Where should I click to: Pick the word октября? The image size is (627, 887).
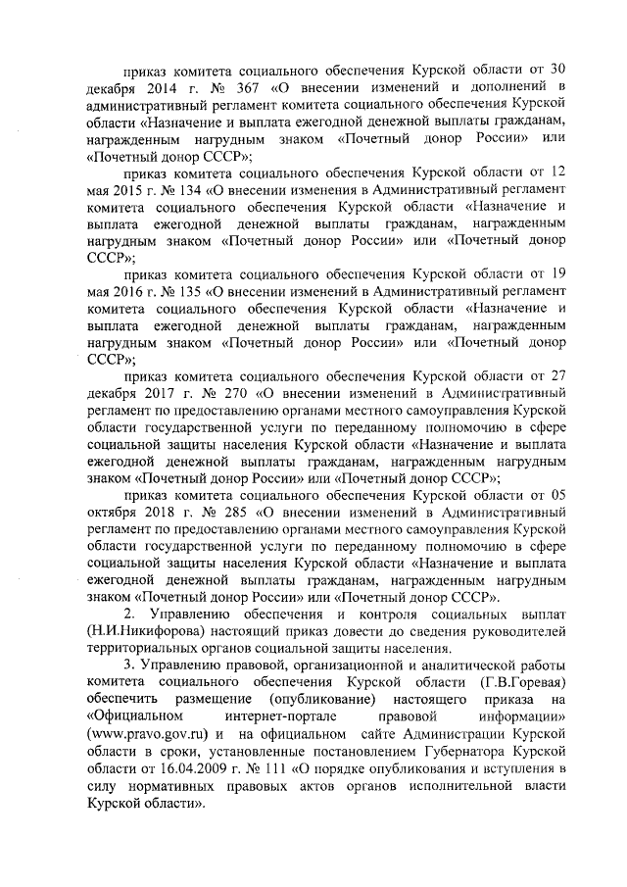[115, 512]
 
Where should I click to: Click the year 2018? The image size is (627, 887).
[172, 512]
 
